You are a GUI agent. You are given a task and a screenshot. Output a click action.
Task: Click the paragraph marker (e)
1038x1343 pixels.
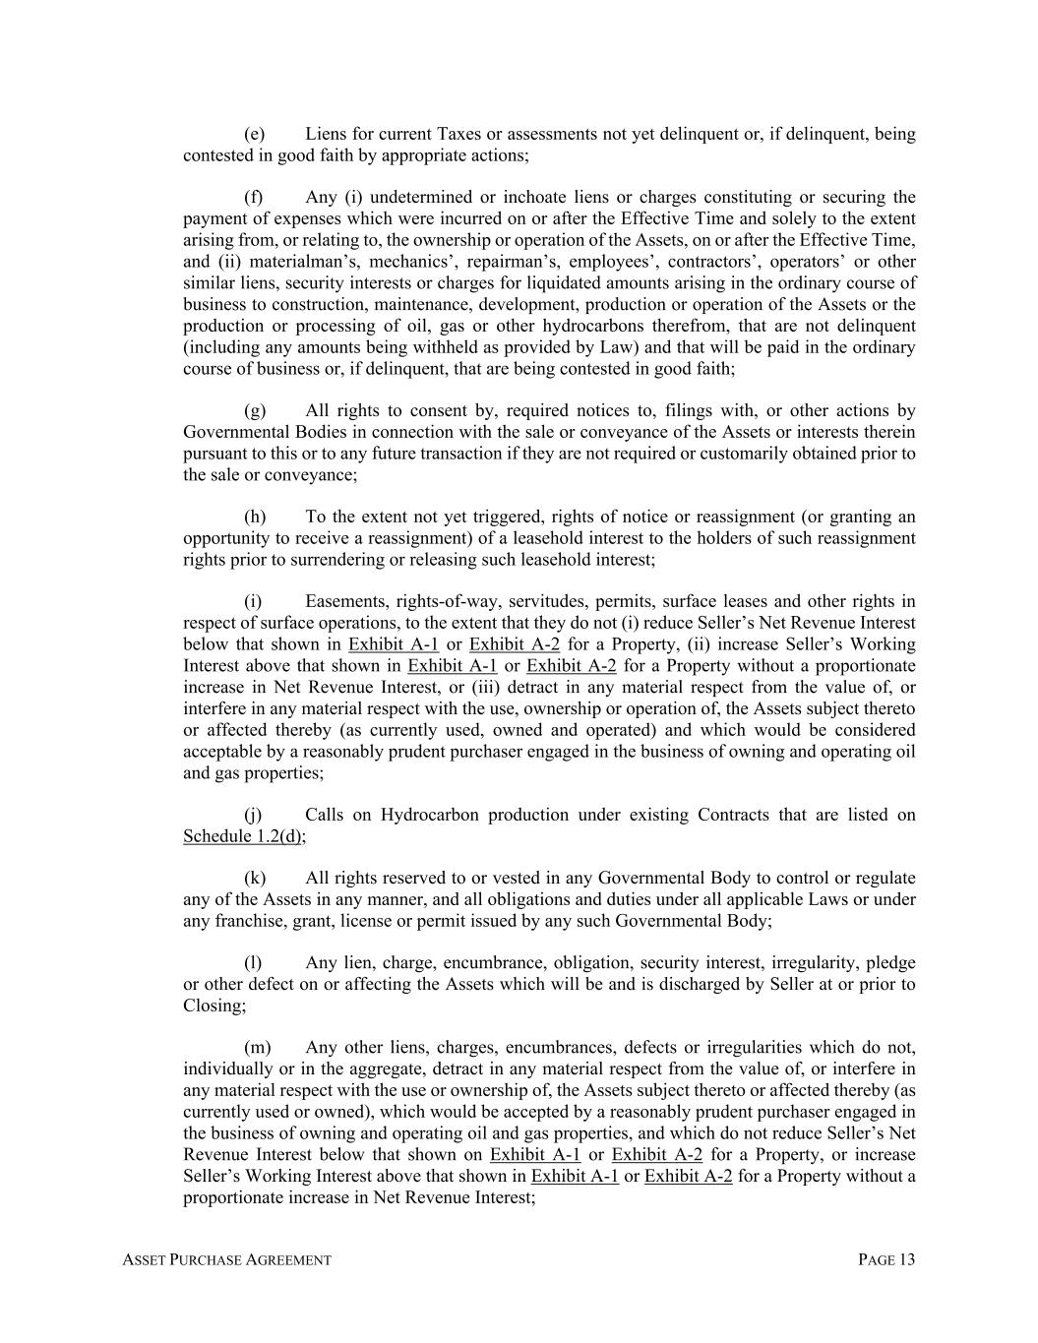click(x=254, y=134)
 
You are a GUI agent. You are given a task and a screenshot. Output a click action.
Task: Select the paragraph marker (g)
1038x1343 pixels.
click(x=255, y=410)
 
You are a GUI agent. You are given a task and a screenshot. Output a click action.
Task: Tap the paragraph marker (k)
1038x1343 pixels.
click(x=255, y=878)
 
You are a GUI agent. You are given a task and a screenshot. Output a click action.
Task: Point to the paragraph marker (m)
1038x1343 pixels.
click(x=257, y=1047)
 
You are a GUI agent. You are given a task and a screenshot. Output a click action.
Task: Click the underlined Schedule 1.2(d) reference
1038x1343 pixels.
click(x=243, y=835)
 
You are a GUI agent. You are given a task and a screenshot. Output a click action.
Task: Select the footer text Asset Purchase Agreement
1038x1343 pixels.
click(x=226, y=1259)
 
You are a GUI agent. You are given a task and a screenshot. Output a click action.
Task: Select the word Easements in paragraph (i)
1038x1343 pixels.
click(x=344, y=601)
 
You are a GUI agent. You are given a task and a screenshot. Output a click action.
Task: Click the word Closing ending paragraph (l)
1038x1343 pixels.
click(x=213, y=1006)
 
